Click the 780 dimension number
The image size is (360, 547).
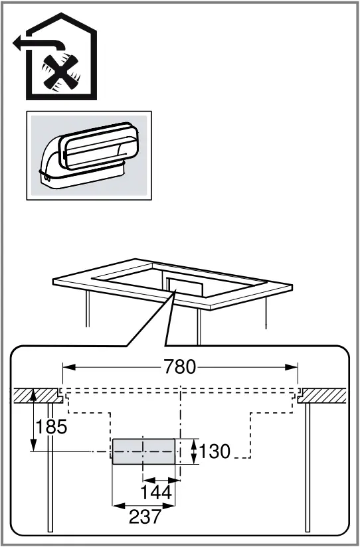coord(181,367)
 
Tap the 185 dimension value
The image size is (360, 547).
coord(51,427)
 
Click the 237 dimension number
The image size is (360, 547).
coord(144,517)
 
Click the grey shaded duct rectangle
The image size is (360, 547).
coord(143,451)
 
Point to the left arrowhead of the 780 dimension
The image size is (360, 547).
coord(66,367)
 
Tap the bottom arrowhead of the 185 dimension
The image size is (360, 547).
coord(33,447)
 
